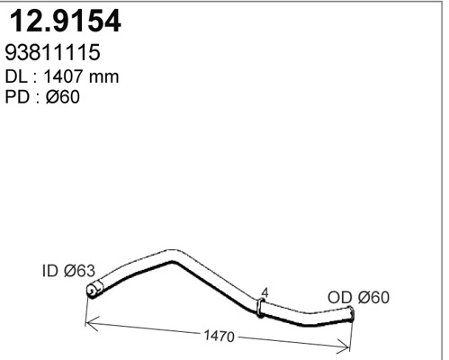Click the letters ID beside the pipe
49,269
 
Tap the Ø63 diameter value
78,269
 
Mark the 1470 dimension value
219,337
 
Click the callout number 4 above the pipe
263,292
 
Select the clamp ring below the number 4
261,309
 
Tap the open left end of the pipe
90,290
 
